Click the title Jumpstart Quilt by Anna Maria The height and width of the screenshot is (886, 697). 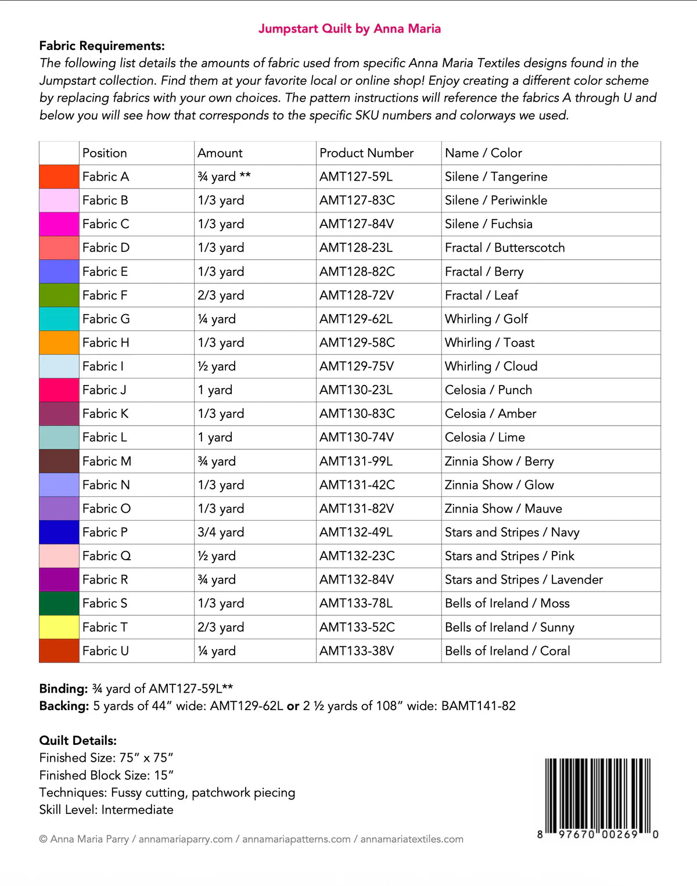[x=349, y=28]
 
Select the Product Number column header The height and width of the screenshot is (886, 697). [x=366, y=153]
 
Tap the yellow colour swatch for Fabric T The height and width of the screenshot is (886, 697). [x=59, y=627]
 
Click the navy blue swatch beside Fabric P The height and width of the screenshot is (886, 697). [x=59, y=532]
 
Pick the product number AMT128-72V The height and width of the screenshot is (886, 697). [x=356, y=296]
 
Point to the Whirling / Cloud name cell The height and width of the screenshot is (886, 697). [x=491, y=366]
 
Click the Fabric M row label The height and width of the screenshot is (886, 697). [x=107, y=462]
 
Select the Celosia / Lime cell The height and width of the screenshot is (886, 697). [x=484, y=437]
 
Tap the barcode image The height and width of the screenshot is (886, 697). [x=598, y=797]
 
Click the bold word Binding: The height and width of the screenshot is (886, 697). [x=63, y=689]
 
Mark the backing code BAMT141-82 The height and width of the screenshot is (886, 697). [x=478, y=706]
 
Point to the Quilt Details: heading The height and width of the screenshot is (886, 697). [x=78, y=740]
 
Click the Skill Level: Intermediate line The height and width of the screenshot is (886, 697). [x=106, y=810]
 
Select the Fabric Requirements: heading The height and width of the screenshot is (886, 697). [x=102, y=46]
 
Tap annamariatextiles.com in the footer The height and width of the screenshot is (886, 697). [x=411, y=839]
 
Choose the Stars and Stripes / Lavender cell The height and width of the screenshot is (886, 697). [x=523, y=579]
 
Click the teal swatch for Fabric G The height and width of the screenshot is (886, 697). [x=59, y=319]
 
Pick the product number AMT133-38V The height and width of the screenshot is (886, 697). [x=356, y=651]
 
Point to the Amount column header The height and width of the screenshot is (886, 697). [x=220, y=153]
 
